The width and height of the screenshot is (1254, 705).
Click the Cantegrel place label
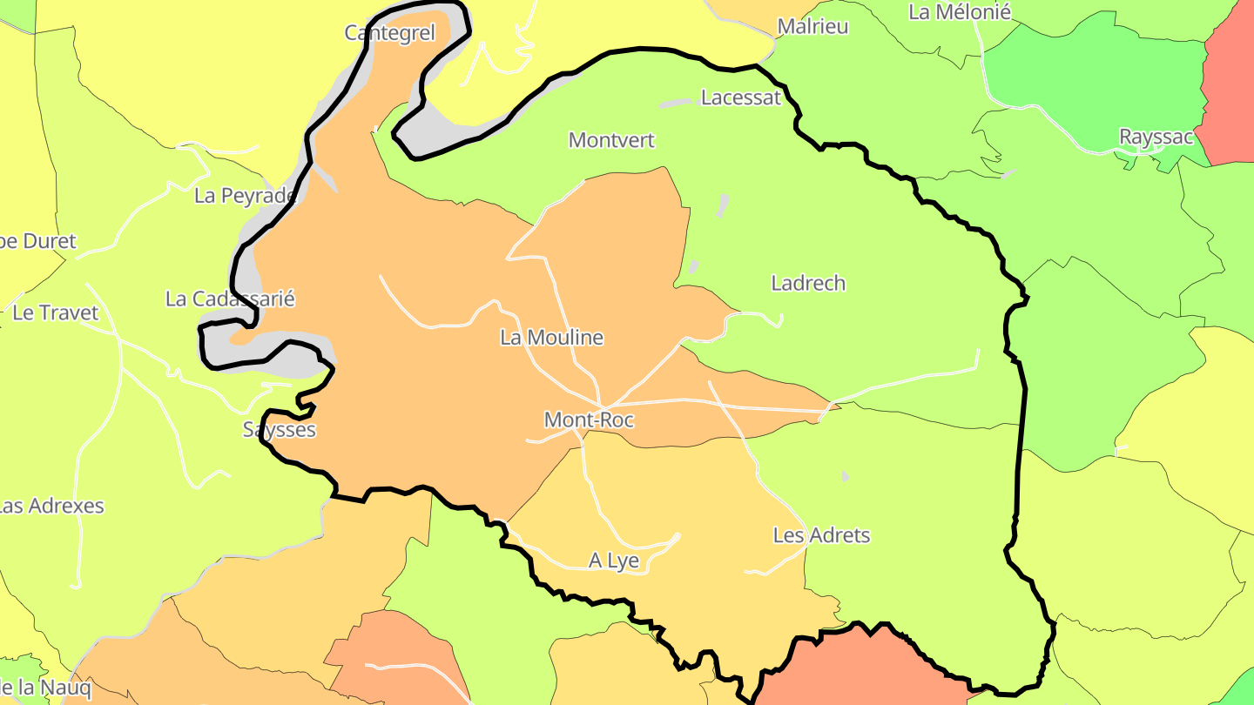click(x=389, y=33)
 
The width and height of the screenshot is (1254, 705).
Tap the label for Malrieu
click(x=812, y=26)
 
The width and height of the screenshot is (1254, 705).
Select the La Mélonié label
click(x=959, y=12)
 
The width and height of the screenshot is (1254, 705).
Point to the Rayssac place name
click(x=1156, y=137)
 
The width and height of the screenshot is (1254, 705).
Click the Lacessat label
click(x=741, y=97)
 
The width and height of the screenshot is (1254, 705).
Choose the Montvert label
click(x=611, y=140)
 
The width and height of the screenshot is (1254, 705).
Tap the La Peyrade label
click(x=245, y=196)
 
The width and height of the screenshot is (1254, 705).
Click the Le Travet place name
click(x=56, y=312)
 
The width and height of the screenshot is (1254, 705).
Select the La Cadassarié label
click(x=230, y=299)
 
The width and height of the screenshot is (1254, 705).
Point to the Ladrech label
click(x=808, y=283)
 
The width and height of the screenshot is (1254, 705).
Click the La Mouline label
click(x=551, y=338)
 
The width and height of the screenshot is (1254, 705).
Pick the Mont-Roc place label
click(x=589, y=420)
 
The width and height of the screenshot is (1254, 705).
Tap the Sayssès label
click(x=279, y=429)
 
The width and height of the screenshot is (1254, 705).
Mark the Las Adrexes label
click(x=51, y=506)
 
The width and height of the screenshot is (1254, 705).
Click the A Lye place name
click(x=614, y=561)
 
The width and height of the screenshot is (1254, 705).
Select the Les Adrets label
click(x=821, y=535)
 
